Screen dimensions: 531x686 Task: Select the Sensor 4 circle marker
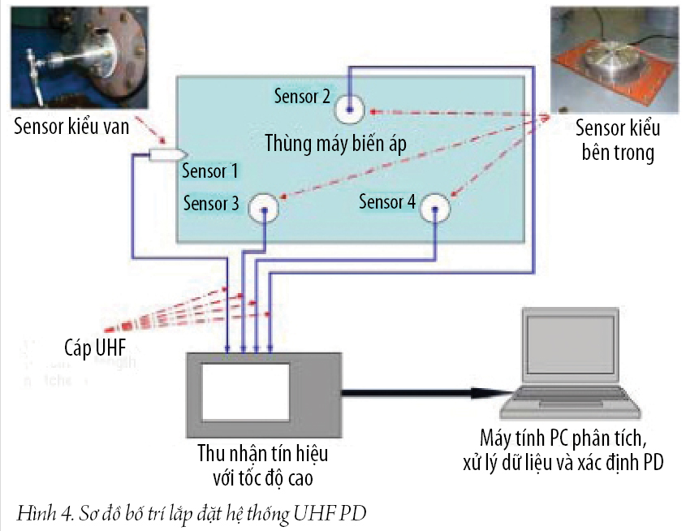pyautogui.click(x=436, y=209)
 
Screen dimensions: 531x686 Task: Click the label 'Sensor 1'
pyautogui.click(x=209, y=171)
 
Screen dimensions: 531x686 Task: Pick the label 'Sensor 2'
pyautogui.click(x=301, y=97)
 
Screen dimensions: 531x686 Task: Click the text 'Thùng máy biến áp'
pyautogui.click(x=334, y=144)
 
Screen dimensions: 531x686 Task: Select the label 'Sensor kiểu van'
pyautogui.click(x=71, y=127)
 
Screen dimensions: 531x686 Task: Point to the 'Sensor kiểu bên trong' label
pyautogui.click(x=617, y=140)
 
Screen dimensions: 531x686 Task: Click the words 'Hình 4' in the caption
pyautogui.click(x=35, y=513)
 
